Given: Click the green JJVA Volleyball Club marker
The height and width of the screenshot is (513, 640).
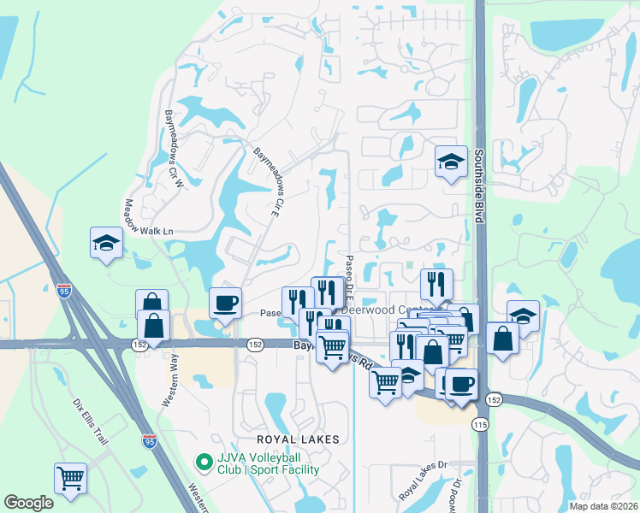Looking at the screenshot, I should pos(204,463).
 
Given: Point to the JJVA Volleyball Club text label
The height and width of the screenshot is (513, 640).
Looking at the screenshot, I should pos(268,463).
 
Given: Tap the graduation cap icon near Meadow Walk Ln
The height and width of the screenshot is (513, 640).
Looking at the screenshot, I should pos(106,242).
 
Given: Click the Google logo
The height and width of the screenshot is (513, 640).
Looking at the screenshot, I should pos(28,503).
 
